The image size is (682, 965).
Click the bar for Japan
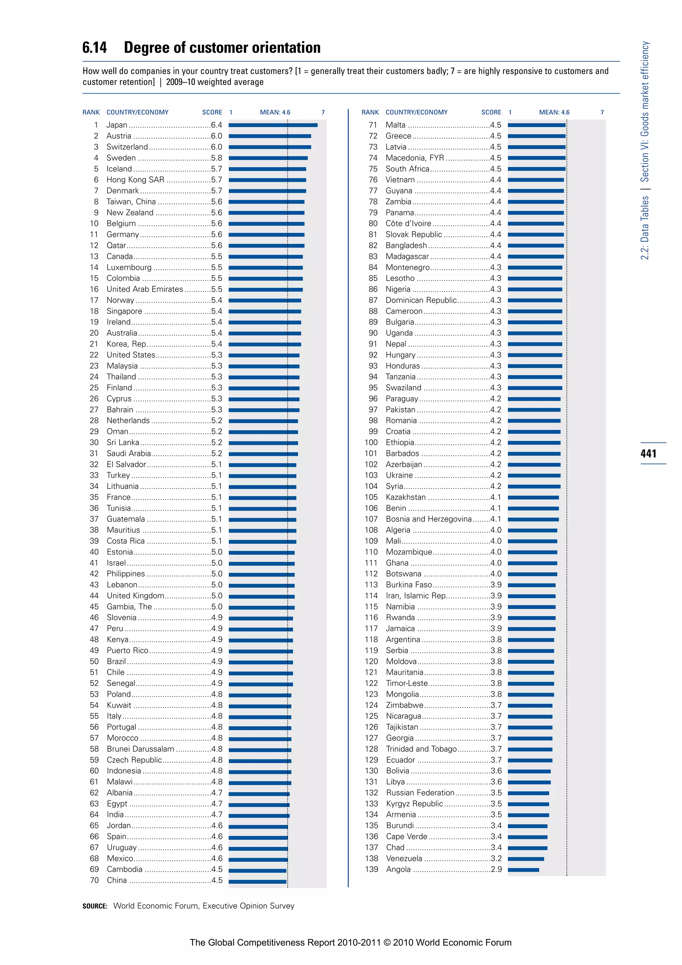[273, 125]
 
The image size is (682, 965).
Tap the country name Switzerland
[127, 147]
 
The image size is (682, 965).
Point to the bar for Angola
[523, 870]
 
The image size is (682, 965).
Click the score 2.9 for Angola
[496, 870]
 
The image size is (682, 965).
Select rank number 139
[371, 870]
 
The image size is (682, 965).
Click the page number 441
[648, 454]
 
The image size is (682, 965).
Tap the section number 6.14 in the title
[95, 48]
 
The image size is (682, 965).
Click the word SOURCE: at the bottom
[95, 906]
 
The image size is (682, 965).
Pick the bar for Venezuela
[526, 859]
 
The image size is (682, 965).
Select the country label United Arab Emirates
[145, 289]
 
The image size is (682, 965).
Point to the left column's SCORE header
[212, 112]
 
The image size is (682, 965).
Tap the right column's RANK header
[370, 112]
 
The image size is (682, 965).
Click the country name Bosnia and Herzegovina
[428, 519]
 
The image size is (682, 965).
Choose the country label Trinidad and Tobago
[421, 749]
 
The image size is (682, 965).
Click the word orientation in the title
[286, 48]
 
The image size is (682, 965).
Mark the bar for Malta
[536, 125]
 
